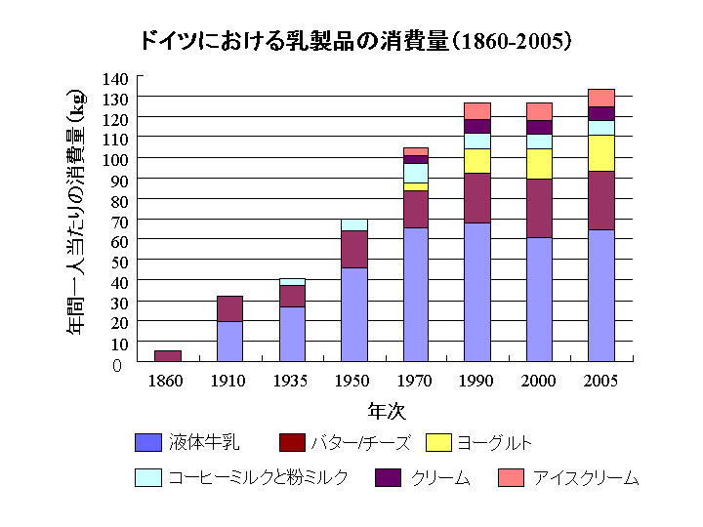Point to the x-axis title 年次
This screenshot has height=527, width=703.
point(386,410)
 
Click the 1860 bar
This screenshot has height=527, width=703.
point(168,356)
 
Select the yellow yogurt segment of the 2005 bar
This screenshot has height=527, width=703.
point(601,152)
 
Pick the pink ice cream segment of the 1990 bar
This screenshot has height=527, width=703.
point(477,110)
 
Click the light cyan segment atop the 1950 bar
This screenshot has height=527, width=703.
point(353,224)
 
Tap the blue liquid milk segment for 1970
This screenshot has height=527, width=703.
point(415,295)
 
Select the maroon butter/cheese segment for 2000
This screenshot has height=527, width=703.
point(539,208)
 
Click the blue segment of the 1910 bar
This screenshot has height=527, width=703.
point(229,342)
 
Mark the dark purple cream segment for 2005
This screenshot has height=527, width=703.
point(601,113)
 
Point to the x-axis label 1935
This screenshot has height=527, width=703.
point(291,381)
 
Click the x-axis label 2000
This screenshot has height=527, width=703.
point(539,381)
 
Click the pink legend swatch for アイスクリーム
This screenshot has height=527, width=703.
point(512,477)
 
